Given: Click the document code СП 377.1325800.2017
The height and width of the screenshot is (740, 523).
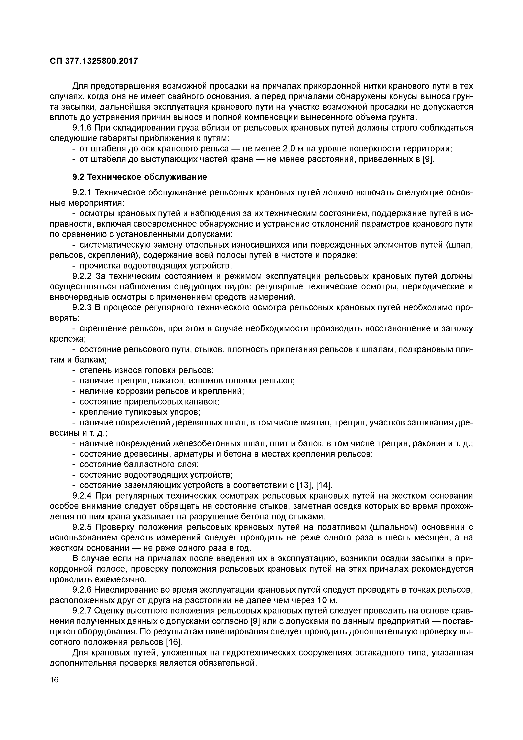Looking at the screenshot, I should point(94,61).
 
